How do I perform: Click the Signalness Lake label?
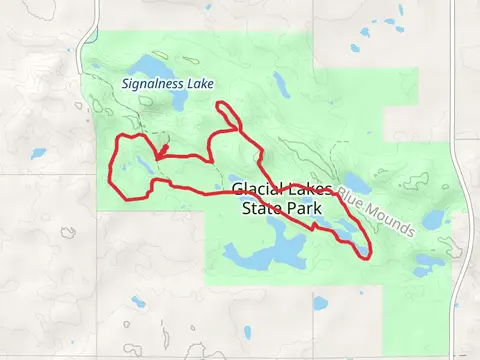(167, 84)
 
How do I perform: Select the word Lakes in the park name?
(309, 189)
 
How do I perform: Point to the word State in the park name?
(263, 208)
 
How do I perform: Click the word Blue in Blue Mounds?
(352, 194)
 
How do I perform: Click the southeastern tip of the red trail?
(368, 256)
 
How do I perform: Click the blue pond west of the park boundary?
(38, 154)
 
